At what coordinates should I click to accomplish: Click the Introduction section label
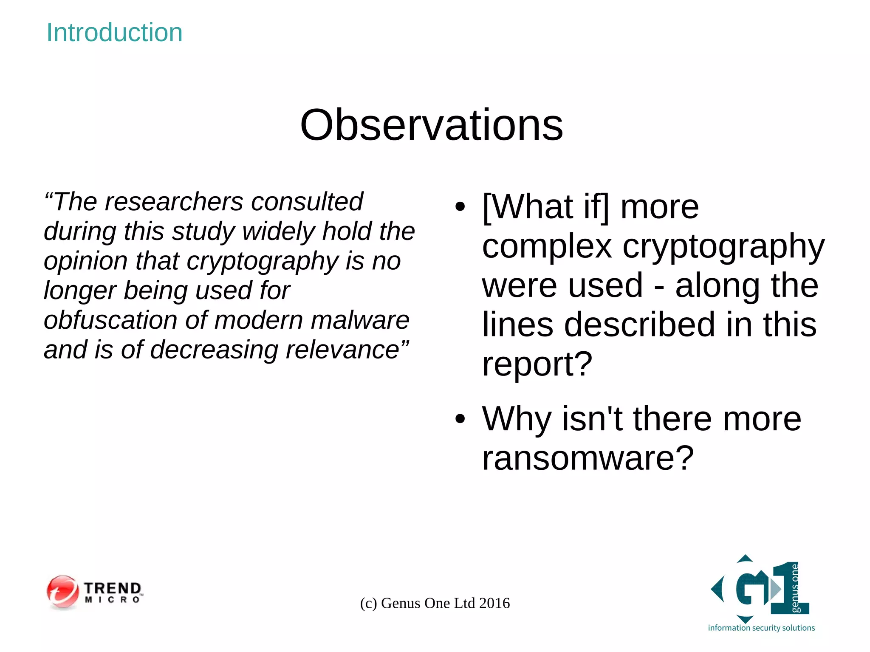(x=114, y=32)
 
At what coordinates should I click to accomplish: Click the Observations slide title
(x=432, y=125)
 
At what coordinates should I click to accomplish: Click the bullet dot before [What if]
(x=460, y=207)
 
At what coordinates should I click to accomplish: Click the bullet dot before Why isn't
(x=460, y=419)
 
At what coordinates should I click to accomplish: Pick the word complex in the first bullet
(x=547, y=246)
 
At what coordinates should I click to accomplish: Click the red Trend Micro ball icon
(x=63, y=592)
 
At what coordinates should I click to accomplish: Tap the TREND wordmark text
(x=113, y=588)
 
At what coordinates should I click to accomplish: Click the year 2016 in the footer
(x=494, y=603)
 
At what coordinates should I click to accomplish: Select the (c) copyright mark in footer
(x=368, y=603)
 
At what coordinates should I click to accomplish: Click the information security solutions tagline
(x=761, y=628)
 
